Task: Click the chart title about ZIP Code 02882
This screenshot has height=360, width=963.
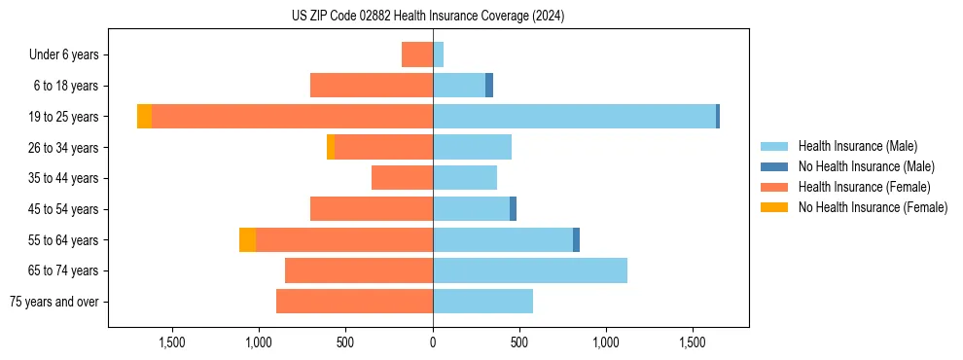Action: tap(428, 17)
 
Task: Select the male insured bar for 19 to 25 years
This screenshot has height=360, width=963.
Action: tap(574, 117)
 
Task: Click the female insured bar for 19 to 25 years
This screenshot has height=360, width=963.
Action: tap(292, 117)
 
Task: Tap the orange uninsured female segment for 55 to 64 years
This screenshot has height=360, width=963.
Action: tap(247, 240)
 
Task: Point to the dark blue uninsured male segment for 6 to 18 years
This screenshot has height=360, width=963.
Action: tap(489, 86)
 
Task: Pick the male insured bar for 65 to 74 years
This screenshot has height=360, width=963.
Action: tap(530, 270)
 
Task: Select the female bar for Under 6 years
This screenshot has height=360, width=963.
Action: tap(417, 55)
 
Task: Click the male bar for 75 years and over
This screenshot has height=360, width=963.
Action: tap(482, 302)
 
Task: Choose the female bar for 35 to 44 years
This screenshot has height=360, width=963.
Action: tap(402, 178)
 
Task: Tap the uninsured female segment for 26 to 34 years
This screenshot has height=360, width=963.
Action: tap(331, 147)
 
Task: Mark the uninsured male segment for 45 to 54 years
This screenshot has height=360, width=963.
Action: tap(513, 209)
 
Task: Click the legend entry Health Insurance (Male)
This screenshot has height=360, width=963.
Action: tap(857, 146)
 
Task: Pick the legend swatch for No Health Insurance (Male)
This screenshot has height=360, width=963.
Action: tap(774, 166)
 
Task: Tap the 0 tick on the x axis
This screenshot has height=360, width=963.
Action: tap(433, 343)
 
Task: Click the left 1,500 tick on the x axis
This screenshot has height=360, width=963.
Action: tap(172, 343)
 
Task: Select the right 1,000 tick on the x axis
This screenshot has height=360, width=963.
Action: tap(606, 343)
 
